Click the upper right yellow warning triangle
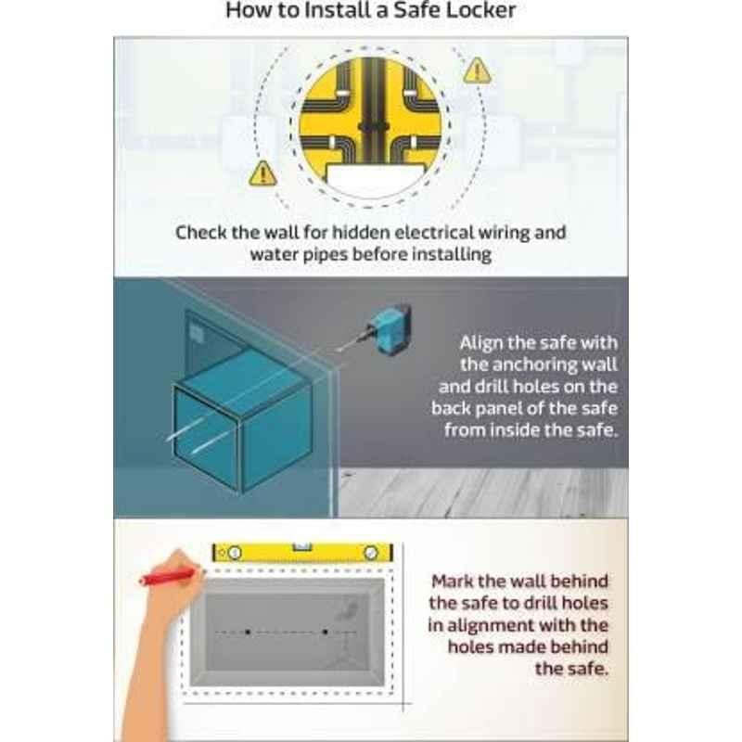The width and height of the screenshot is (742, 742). tap(477, 71)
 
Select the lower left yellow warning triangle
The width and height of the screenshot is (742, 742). tap(262, 173)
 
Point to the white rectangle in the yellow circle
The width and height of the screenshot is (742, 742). tap(375, 178)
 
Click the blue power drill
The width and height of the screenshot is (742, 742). tap(389, 327)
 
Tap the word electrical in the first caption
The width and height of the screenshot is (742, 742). tap(433, 233)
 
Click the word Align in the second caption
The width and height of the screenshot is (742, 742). tap(479, 343)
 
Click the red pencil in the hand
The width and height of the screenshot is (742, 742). tap(167, 576)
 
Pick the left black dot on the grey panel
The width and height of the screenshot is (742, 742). tap(248, 632)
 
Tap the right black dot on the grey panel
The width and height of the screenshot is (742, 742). tap(326, 632)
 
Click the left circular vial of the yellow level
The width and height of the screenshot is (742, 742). tap(235, 553)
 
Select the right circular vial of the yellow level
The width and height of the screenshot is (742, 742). tap(370, 553)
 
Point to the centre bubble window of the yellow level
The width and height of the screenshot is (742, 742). tap(302, 547)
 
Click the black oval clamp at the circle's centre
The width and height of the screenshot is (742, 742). tap(374, 127)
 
